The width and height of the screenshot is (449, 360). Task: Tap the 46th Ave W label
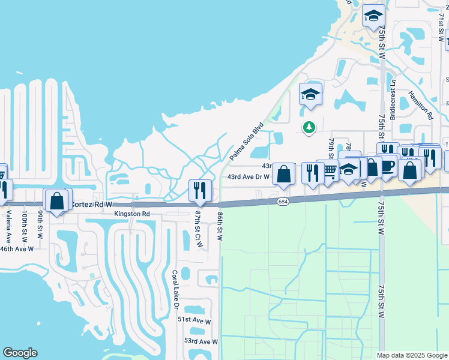point(16,248)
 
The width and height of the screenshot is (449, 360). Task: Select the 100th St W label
point(25,225)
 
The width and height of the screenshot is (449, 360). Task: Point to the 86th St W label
point(220,226)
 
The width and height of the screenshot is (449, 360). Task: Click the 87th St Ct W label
point(199,228)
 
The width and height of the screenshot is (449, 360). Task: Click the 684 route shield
point(283,202)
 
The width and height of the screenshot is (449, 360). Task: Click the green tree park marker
point(309,127)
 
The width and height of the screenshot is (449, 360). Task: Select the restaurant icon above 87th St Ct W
point(199,190)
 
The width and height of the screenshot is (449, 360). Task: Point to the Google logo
point(20,353)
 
